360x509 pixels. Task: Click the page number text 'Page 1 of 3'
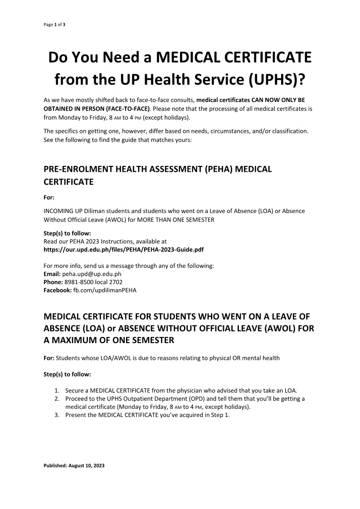tap(54, 24)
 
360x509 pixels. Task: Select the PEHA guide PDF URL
tap(123, 249)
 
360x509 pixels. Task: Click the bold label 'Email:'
tap(52, 274)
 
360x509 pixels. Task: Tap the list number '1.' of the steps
tap(57, 390)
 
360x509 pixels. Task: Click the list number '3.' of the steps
tap(57, 415)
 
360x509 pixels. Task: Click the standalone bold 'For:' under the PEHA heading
tap(49, 197)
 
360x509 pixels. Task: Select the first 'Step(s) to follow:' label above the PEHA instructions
tap(67, 233)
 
